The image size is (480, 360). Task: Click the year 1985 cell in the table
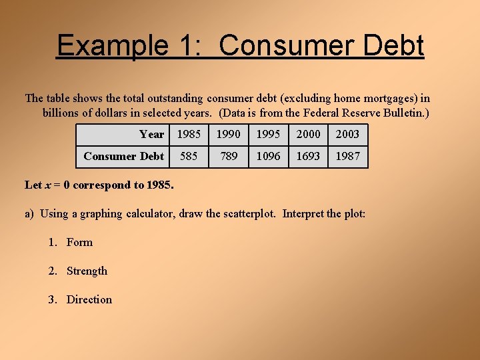tap(189, 134)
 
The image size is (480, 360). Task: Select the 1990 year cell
tap(228, 134)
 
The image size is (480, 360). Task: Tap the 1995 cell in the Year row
tap(268, 134)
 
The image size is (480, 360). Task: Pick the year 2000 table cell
tap(308, 134)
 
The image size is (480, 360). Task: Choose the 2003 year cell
tap(347, 134)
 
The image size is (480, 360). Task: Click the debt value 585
tap(189, 156)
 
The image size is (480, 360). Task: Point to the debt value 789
tap(228, 156)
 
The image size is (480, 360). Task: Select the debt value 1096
tap(268, 156)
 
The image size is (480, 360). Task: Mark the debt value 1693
tap(308, 156)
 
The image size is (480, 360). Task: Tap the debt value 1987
tap(347, 156)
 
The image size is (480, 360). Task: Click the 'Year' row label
tap(151, 134)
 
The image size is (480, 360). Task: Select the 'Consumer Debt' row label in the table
tap(123, 156)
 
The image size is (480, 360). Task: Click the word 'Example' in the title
tap(113, 46)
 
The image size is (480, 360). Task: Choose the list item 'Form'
tap(79, 242)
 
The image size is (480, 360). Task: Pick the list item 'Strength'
tap(87, 271)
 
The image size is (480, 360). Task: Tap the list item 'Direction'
tap(89, 299)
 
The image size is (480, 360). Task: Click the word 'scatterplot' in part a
tap(249, 213)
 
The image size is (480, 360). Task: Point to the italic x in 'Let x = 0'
tap(48, 185)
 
